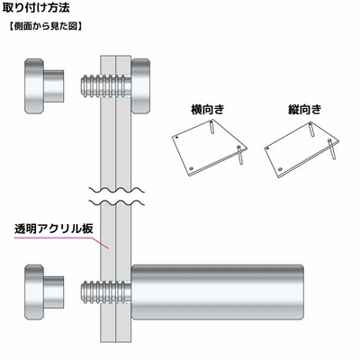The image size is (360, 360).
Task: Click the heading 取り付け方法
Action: coord(36,8)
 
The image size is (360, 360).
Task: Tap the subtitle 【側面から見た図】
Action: coord(44,26)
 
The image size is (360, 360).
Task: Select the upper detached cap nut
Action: coord(44,86)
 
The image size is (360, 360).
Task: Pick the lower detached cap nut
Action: coord(44,292)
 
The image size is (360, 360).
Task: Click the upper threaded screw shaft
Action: coord(105,85)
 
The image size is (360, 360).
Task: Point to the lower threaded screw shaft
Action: coord(105,292)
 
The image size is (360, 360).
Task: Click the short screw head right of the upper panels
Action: coord(140,86)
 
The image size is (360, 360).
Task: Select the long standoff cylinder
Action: coord(218,292)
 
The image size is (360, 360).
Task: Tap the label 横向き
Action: coord(208,109)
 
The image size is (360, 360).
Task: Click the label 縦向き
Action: coord(304,109)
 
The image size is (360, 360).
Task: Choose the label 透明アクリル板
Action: coord(54,229)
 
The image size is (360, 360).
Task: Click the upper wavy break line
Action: coord(117,190)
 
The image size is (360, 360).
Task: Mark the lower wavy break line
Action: coord(117,202)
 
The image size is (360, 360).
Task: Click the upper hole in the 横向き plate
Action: coord(176,138)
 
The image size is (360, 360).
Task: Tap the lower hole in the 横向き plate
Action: coord(192,168)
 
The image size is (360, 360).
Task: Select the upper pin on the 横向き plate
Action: coord(211,126)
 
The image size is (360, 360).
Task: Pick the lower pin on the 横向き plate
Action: coord(239,154)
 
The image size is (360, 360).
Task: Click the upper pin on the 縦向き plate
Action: coord(311,129)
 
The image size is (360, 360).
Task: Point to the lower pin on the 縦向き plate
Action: coord(332,149)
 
